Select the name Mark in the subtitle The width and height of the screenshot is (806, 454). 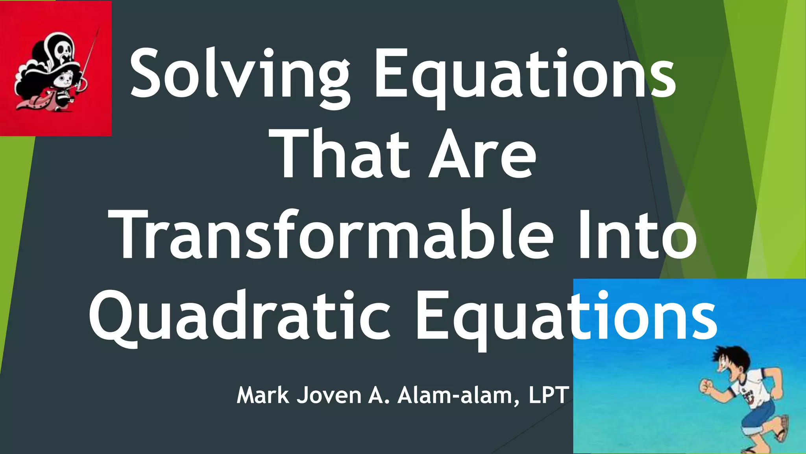(263, 395)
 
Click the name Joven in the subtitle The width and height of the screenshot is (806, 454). (329, 395)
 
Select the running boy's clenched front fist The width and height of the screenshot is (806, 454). (706, 386)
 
